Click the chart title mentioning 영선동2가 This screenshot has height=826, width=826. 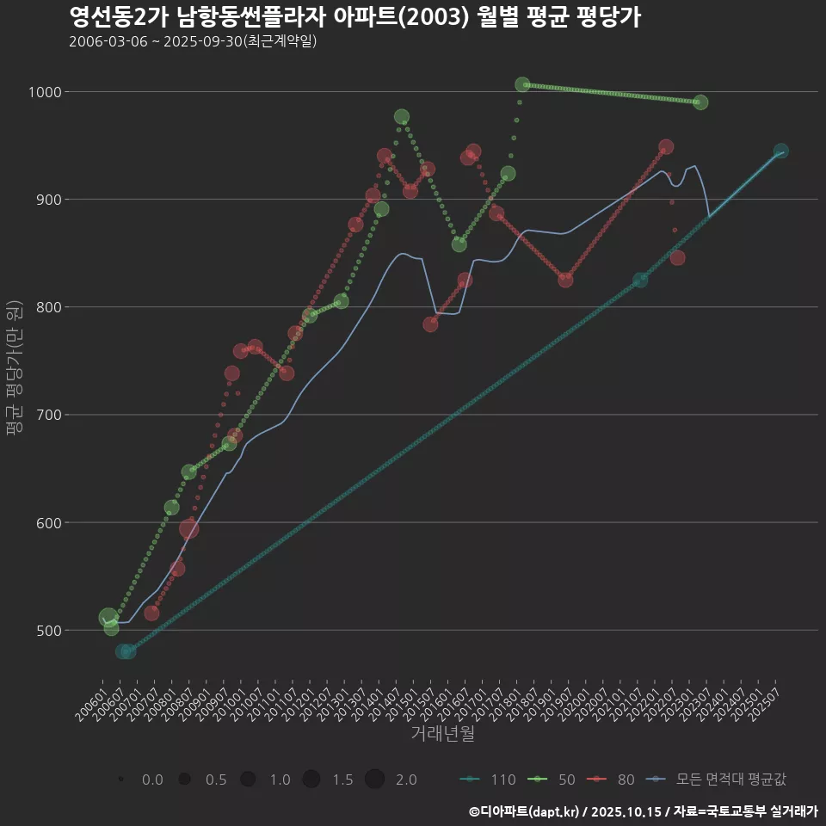[354, 18]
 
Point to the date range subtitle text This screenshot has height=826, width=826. [194, 41]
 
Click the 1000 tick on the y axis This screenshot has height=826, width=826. [43, 92]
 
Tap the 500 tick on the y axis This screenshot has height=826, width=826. [46, 630]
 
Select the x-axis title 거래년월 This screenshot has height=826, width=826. [442, 733]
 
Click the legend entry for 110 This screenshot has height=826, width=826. [490, 780]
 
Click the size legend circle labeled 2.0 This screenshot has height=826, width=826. [374, 780]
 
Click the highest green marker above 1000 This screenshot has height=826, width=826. [522, 84]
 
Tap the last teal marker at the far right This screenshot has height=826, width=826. [780, 151]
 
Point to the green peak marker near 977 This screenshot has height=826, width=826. [402, 117]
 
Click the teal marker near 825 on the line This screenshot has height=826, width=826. [640, 280]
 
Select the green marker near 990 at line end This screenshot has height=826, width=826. [700, 102]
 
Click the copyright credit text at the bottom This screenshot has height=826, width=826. [643, 811]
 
